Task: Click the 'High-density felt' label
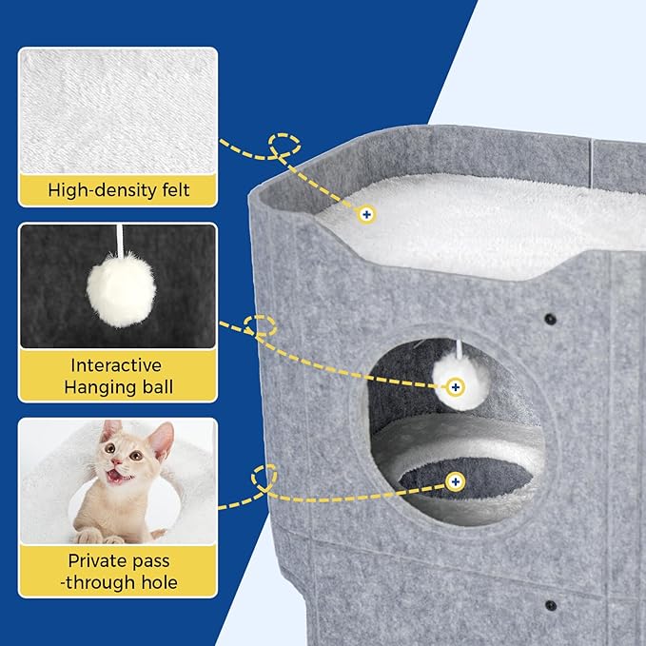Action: click(x=119, y=190)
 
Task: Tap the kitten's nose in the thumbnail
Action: click(x=117, y=464)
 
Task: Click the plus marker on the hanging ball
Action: click(x=455, y=386)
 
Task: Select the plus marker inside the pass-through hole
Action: click(x=455, y=482)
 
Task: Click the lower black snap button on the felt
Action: click(x=550, y=604)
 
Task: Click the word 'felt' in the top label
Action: click(x=172, y=190)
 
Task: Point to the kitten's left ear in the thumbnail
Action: click(x=112, y=432)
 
